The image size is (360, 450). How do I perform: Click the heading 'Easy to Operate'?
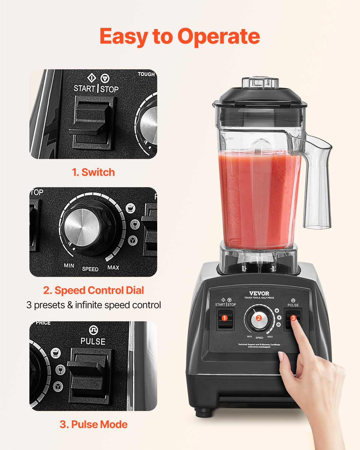[x=179, y=36]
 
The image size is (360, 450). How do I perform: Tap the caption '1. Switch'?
[x=93, y=172]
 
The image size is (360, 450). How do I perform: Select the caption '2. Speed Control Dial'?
[x=93, y=290]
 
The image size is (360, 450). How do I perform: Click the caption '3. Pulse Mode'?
[x=93, y=424]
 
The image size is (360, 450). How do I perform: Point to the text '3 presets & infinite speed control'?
[x=94, y=305]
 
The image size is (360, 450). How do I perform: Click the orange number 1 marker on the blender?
[x=224, y=318]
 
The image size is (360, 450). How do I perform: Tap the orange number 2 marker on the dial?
[x=259, y=318]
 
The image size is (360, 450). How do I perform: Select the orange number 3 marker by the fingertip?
[x=293, y=318]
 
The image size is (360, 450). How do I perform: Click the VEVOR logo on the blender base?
[x=259, y=293]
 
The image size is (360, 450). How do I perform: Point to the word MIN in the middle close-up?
[x=69, y=265]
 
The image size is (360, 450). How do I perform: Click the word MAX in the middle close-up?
[x=113, y=267]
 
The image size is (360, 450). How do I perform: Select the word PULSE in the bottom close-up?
[x=93, y=341]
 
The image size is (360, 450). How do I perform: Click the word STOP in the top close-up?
[x=109, y=89]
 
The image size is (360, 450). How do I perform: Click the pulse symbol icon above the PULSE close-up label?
[x=93, y=330]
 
